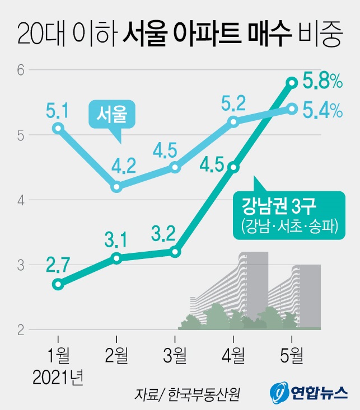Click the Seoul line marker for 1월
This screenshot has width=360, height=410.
57,128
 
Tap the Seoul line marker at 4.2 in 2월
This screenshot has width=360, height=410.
116,187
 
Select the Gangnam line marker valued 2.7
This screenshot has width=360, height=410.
57,284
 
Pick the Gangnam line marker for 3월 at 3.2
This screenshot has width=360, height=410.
175,252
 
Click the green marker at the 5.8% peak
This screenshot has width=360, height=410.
292,83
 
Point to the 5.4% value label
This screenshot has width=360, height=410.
322,111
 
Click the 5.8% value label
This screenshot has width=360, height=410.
322,82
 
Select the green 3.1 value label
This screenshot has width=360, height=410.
116,239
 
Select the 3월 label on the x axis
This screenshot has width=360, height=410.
175,354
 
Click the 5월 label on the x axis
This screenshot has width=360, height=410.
292,354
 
